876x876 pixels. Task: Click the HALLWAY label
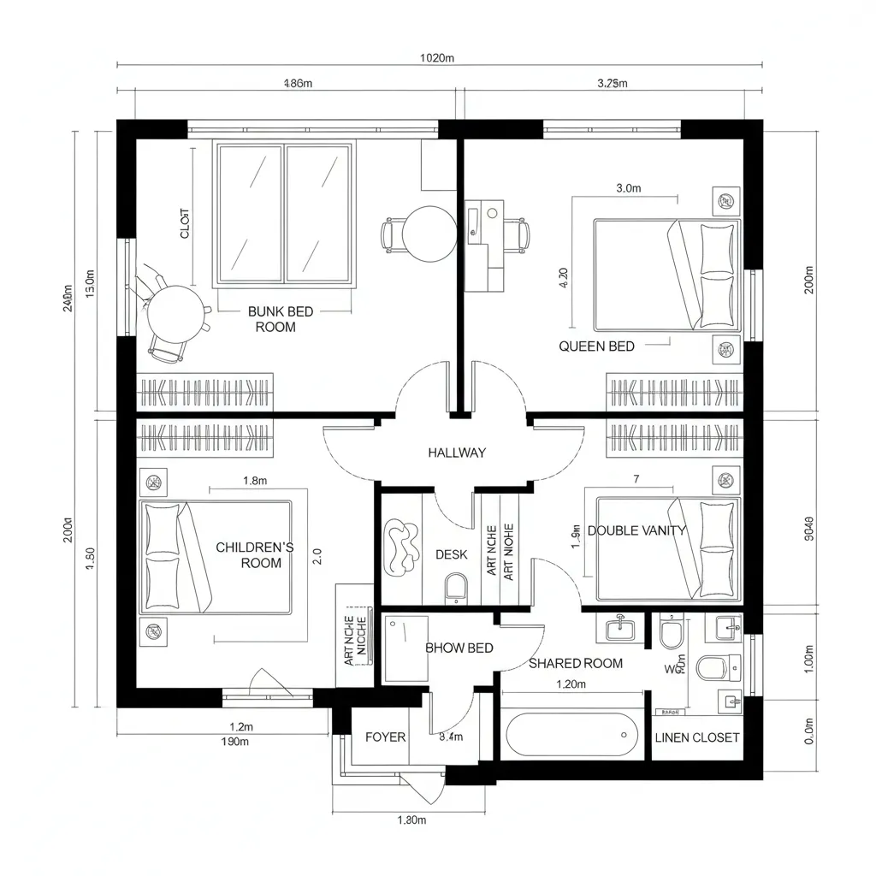[456, 453]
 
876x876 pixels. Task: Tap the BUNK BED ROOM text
[280, 319]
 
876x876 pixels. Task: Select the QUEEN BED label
[596, 346]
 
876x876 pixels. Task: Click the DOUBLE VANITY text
[636, 530]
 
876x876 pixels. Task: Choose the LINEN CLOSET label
[696, 737]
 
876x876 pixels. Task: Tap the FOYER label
[385, 737]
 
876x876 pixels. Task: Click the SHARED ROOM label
[576, 663]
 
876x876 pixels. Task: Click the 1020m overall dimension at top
[437, 58]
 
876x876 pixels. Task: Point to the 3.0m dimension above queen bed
[628, 189]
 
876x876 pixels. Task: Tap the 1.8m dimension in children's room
[255, 481]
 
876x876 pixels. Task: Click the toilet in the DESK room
[456, 588]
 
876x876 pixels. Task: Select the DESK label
[451, 554]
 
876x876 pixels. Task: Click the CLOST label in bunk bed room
[186, 223]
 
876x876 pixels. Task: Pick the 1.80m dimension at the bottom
[411, 820]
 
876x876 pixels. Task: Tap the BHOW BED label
[459, 648]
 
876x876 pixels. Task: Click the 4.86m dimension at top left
[297, 83]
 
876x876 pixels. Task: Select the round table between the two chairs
[429, 234]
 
